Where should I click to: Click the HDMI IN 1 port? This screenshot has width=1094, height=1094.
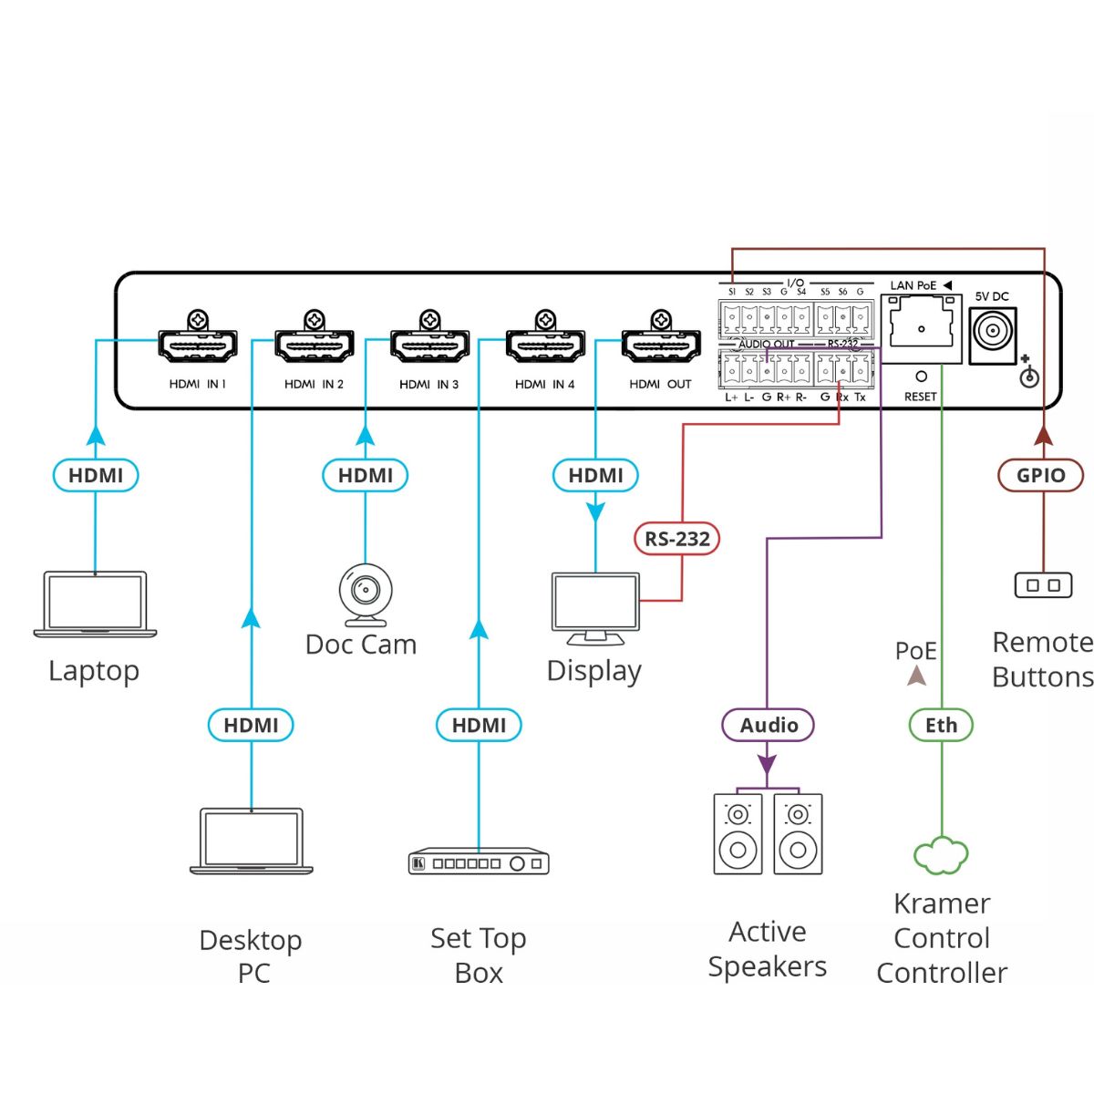(198, 346)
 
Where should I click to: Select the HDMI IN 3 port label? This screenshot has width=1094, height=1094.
(428, 385)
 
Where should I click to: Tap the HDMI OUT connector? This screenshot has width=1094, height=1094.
(661, 346)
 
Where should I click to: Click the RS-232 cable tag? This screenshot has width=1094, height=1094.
(677, 539)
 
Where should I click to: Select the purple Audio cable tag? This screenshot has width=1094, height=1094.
(768, 726)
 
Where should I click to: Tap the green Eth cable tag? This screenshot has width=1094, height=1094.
(941, 726)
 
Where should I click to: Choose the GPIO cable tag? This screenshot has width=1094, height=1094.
(1040, 475)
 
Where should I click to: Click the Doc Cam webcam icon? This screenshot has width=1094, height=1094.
(365, 594)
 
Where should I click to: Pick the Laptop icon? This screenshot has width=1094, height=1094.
(95, 604)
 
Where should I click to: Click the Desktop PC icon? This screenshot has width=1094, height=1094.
(252, 841)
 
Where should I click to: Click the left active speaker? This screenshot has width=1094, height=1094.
(738, 834)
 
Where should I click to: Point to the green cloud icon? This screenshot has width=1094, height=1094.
(941, 855)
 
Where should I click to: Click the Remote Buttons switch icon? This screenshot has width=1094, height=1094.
(1044, 585)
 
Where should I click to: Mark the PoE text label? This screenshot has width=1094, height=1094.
(916, 651)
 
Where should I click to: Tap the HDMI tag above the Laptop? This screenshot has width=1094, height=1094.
(96, 475)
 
